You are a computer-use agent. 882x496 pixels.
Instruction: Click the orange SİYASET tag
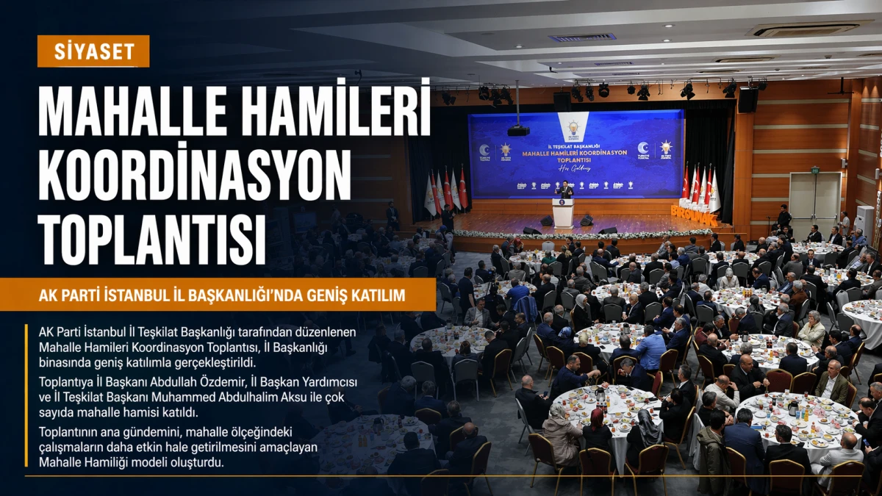pyautogui.click(x=93, y=51)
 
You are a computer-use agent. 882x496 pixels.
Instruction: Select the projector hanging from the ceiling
pyautogui.click(x=518, y=130)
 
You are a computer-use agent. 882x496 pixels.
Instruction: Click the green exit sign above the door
pyautogui.click(x=814, y=170)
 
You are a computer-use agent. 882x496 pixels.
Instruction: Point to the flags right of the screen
pyautogui.click(x=700, y=187)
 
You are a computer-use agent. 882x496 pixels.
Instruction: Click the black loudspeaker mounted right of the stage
pyautogui.click(x=747, y=99)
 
